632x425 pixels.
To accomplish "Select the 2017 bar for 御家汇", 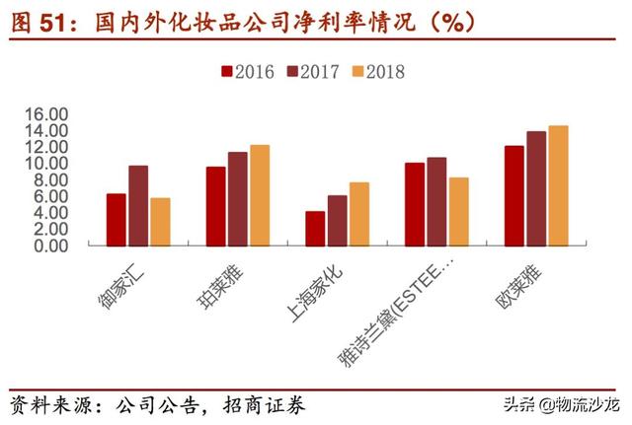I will coord(138,205).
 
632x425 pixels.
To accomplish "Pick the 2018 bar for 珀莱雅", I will coord(260,194).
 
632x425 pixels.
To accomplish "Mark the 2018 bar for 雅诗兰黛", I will coord(458,211).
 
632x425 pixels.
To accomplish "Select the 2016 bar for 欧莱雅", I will coord(514,195).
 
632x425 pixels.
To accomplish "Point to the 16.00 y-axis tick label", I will coord(47,113).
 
